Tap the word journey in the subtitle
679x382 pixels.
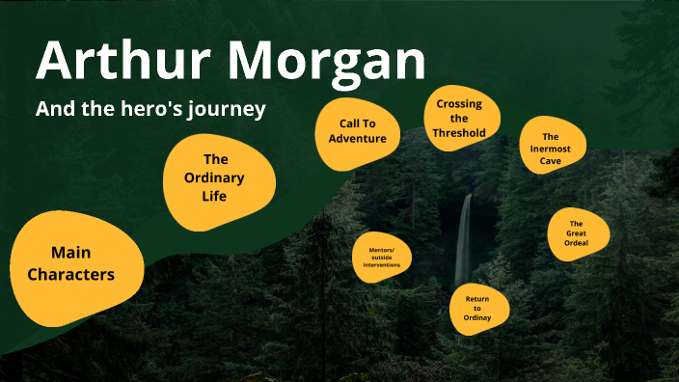click(229, 109)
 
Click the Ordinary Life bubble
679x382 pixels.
click(220, 177)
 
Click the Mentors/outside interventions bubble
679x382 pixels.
click(382, 258)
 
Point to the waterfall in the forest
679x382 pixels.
click(464, 241)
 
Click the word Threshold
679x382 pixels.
click(467, 132)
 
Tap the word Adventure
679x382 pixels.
click(357, 139)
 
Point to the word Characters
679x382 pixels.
click(70, 275)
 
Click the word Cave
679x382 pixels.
click(551, 159)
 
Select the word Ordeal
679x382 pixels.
click(577, 243)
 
